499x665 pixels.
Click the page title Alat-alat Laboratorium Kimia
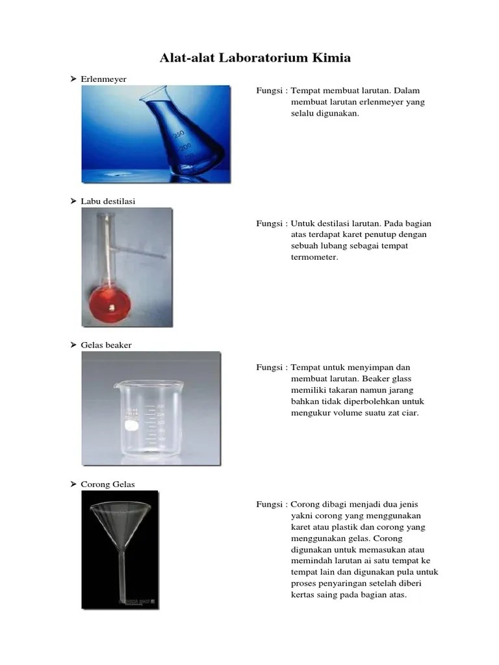point(255,58)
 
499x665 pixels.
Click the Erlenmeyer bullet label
point(104,79)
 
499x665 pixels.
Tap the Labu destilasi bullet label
point(108,202)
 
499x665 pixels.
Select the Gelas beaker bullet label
point(107,345)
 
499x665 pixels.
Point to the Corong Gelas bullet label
point(109,484)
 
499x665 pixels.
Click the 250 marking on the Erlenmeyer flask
point(177,133)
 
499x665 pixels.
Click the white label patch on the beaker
point(132,426)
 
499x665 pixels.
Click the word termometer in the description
point(314,257)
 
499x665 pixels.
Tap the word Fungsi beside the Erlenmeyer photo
point(268,90)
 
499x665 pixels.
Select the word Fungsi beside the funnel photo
point(268,504)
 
